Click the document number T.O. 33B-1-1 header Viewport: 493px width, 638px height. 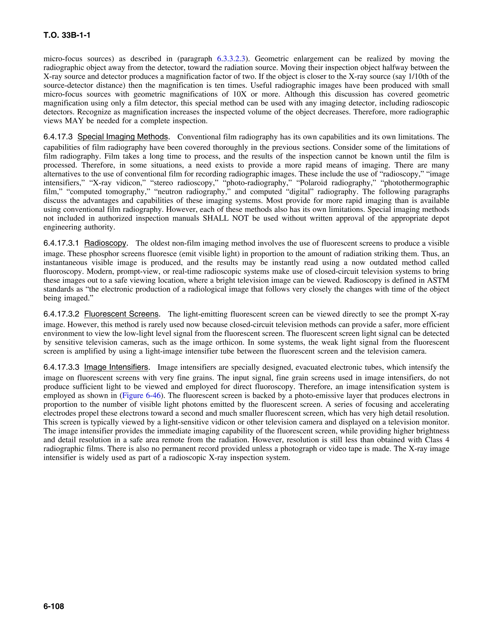[x=67, y=35]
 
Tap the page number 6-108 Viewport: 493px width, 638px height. [x=54, y=606]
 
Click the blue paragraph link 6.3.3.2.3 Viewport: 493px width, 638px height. [x=231, y=59]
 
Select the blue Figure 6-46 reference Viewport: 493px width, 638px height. [x=141, y=396]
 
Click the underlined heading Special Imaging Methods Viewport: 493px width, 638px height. [x=123, y=137]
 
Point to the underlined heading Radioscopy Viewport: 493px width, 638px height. [x=105, y=243]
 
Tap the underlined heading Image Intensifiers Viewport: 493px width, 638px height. [x=116, y=367]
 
